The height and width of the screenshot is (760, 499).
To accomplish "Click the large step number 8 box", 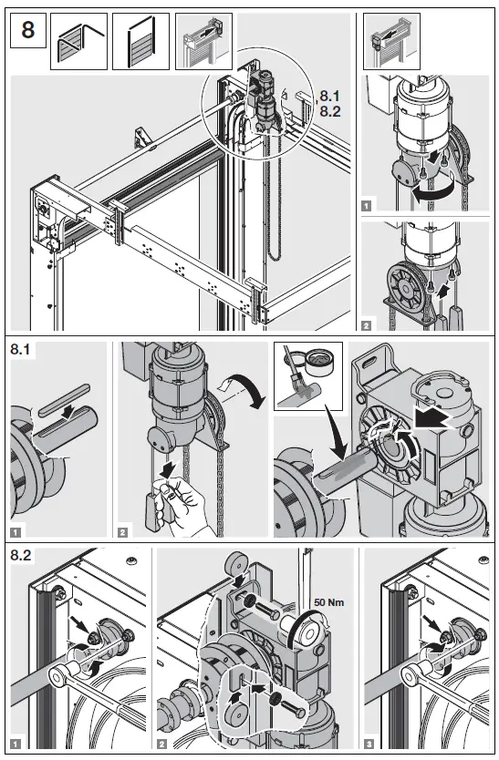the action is pyautogui.click(x=28, y=31).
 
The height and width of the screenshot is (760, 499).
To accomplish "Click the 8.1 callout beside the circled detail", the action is pyautogui.click(x=330, y=96).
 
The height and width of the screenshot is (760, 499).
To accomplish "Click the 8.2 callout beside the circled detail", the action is pyautogui.click(x=330, y=111).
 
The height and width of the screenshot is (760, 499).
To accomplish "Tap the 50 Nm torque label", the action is pyautogui.click(x=329, y=602).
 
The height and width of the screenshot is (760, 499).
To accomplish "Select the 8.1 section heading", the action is pyautogui.click(x=20, y=349).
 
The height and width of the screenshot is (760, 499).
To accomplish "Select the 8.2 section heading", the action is pyautogui.click(x=21, y=555).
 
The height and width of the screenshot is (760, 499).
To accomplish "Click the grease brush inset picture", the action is pyautogui.click(x=308, y=376).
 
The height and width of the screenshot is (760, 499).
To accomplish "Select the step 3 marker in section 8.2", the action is pyautogui.click(x=369, y=744).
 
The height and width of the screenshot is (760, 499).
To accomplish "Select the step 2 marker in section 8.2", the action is pyautogui.click(x=162, y=744).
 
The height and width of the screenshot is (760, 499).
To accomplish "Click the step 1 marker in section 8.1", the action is pyautogui.click(x=16, y=532).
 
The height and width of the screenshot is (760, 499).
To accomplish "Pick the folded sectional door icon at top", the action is pyautogui.click(x=78, y=41).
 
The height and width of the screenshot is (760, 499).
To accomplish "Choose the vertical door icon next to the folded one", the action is pyautogui.click(x=140, y=41).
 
